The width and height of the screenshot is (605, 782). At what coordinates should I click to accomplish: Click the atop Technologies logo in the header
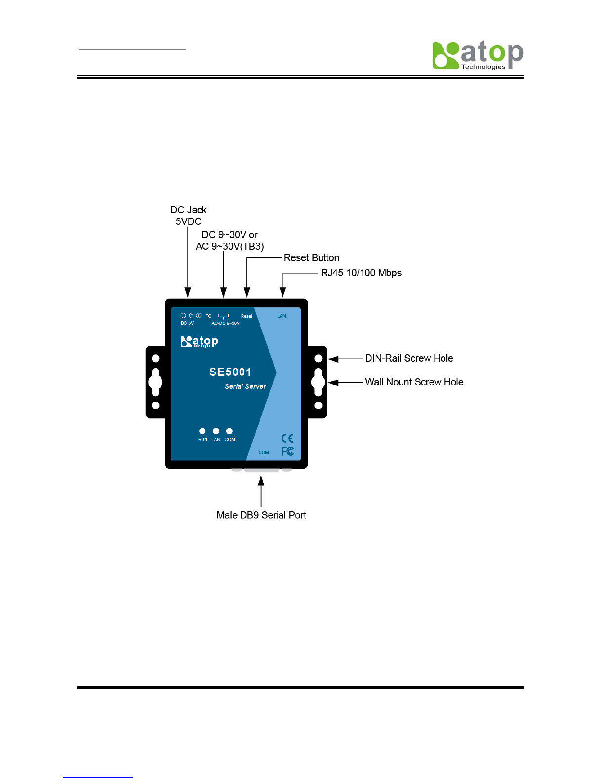point(477,55)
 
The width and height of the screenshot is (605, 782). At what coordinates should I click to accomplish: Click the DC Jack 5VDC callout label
point(188,216)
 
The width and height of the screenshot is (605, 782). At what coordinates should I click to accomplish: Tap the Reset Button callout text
point(311,258)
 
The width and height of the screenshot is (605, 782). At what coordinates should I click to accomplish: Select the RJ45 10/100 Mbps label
point(361,273)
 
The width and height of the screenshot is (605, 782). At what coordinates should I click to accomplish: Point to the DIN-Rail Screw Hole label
point(409,358)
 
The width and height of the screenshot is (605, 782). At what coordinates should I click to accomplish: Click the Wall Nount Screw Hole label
point(414,382)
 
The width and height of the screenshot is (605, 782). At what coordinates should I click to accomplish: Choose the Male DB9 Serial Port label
point(261,515)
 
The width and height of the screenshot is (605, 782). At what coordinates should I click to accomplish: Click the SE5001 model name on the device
point(231,372)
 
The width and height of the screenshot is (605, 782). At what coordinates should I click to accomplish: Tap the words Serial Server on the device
point(245,387)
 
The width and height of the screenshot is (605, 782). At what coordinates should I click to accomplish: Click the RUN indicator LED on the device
point(202,431)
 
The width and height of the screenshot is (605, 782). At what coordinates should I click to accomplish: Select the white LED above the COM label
point(229,431)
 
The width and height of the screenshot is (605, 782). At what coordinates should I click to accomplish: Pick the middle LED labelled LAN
point(216,431)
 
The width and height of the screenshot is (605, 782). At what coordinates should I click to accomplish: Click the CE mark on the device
point(287,438)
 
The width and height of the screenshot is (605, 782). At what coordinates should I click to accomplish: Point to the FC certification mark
point(288,451)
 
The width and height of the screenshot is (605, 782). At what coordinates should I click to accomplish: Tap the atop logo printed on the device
point(199,341)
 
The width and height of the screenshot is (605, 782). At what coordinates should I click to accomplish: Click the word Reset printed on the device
point(246,316)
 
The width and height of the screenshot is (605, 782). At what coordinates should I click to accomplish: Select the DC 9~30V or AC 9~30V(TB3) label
point(230,240)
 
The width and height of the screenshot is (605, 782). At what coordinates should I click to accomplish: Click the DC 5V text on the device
point(187,323)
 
